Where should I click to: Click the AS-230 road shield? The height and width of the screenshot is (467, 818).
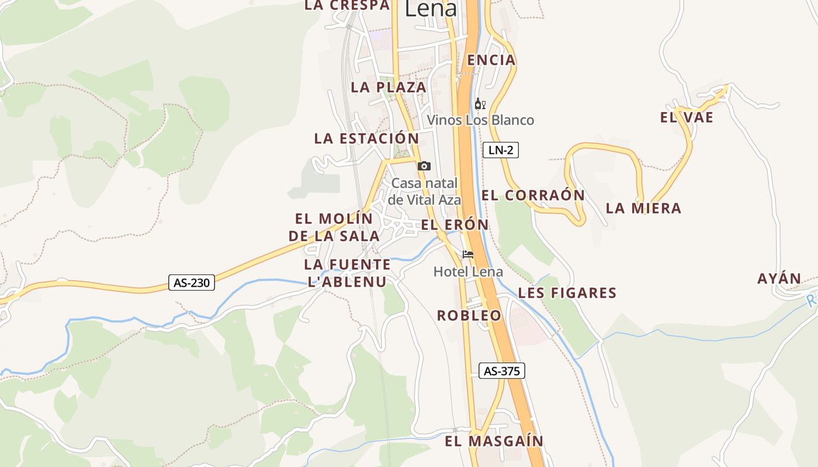click(x=192, y=283)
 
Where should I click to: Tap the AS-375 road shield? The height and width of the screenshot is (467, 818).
click(x=501, y=371)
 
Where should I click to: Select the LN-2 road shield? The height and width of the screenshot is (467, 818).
click(x=501, y=150)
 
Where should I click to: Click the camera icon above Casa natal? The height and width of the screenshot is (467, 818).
click(x=424, y=166)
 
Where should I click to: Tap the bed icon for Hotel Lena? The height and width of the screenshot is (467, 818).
click(x=468, y=255)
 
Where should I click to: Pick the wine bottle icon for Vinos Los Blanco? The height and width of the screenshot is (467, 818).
click(x=480, y=104)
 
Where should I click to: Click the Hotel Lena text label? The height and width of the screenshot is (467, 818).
click(x=468, y=271)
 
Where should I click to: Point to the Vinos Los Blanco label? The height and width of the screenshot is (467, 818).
click(x=480, y=120)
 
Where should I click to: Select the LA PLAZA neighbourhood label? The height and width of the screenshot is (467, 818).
click(x=389, y=88)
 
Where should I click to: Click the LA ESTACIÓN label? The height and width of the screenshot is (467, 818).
click(x=366, y=138)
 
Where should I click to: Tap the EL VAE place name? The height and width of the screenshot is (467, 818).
click(x=687, y=117)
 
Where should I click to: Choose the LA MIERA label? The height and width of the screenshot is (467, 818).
click(x=643, y=208)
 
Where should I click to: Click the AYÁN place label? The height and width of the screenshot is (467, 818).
click(x=779, y=278)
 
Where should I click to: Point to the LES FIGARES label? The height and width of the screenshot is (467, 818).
click(x=567, y=292)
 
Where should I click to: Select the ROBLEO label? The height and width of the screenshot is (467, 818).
click(x=469, y=315)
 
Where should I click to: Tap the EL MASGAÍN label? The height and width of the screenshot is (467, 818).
click(x=494, y=441)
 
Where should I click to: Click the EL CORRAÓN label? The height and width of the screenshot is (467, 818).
click(x=533, y=195)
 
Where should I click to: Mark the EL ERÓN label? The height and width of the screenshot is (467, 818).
click(x=455, y=225)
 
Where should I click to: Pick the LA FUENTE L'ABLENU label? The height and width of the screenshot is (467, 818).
click(x=347, y=273)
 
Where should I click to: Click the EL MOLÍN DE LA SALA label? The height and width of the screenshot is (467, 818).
click(x=334, y=227)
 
